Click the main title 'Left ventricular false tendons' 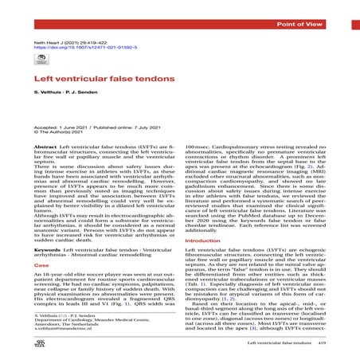(x=100, y=79)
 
